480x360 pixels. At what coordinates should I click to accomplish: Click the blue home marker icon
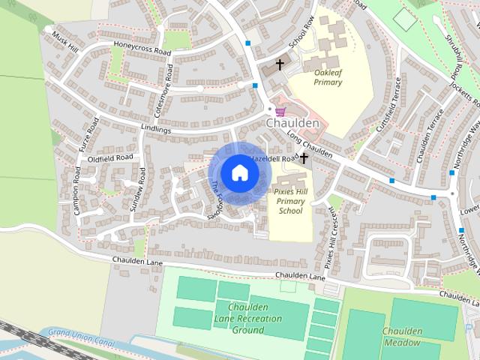(x=239, y=172)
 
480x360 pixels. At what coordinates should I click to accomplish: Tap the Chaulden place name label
(x=292, y=122)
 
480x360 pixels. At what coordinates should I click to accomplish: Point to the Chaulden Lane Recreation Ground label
(x=247, y=317)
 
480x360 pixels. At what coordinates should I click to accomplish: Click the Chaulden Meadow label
(x=403, y=337)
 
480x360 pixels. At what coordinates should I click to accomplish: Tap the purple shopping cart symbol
(x=280, y=110)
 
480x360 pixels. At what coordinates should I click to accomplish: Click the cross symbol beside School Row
(x=280, y=65)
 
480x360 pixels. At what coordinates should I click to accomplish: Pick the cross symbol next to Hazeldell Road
(x=304, y=158)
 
